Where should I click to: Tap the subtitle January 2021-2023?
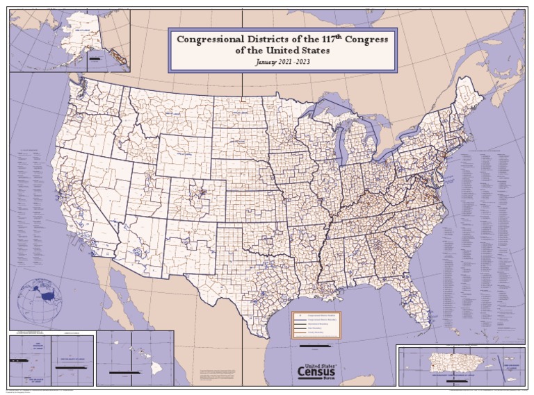click(x=283, y=62)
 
